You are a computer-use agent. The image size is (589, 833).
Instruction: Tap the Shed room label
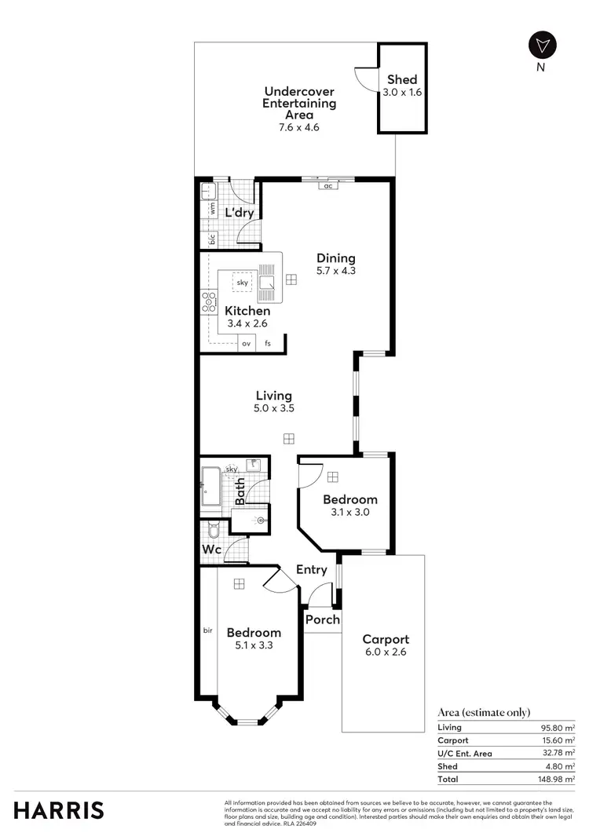[x=402, y=79]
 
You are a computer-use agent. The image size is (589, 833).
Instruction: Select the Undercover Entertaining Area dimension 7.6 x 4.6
[x=299, y=126]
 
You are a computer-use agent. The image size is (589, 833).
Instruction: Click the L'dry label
[x=238, y=213]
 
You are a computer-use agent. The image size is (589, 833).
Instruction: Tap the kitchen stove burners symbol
[x=209, y=302]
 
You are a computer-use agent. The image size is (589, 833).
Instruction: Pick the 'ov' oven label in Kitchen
[x=246, y=343]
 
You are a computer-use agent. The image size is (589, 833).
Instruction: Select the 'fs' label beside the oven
[x=268, y=343]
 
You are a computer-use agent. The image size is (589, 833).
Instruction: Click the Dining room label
[x=336, y=258]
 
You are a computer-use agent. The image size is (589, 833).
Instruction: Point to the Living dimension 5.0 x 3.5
[x=273, y=408]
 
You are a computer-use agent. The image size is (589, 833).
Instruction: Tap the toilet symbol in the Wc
[x=213, y=531]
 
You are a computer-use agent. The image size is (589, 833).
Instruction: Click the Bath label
[x=240, y=491]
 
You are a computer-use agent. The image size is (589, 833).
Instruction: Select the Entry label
[x=311, y=570]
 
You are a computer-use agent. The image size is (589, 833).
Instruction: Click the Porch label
[x=323, y=619]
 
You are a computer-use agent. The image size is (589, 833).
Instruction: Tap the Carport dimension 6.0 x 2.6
[x=385, y=652]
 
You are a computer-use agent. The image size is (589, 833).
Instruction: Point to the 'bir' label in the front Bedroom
[x=207, y=629]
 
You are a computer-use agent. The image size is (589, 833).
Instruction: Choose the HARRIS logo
[x=59, y=810]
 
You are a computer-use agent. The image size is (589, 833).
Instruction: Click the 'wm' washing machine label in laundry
[x=212, y=208]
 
